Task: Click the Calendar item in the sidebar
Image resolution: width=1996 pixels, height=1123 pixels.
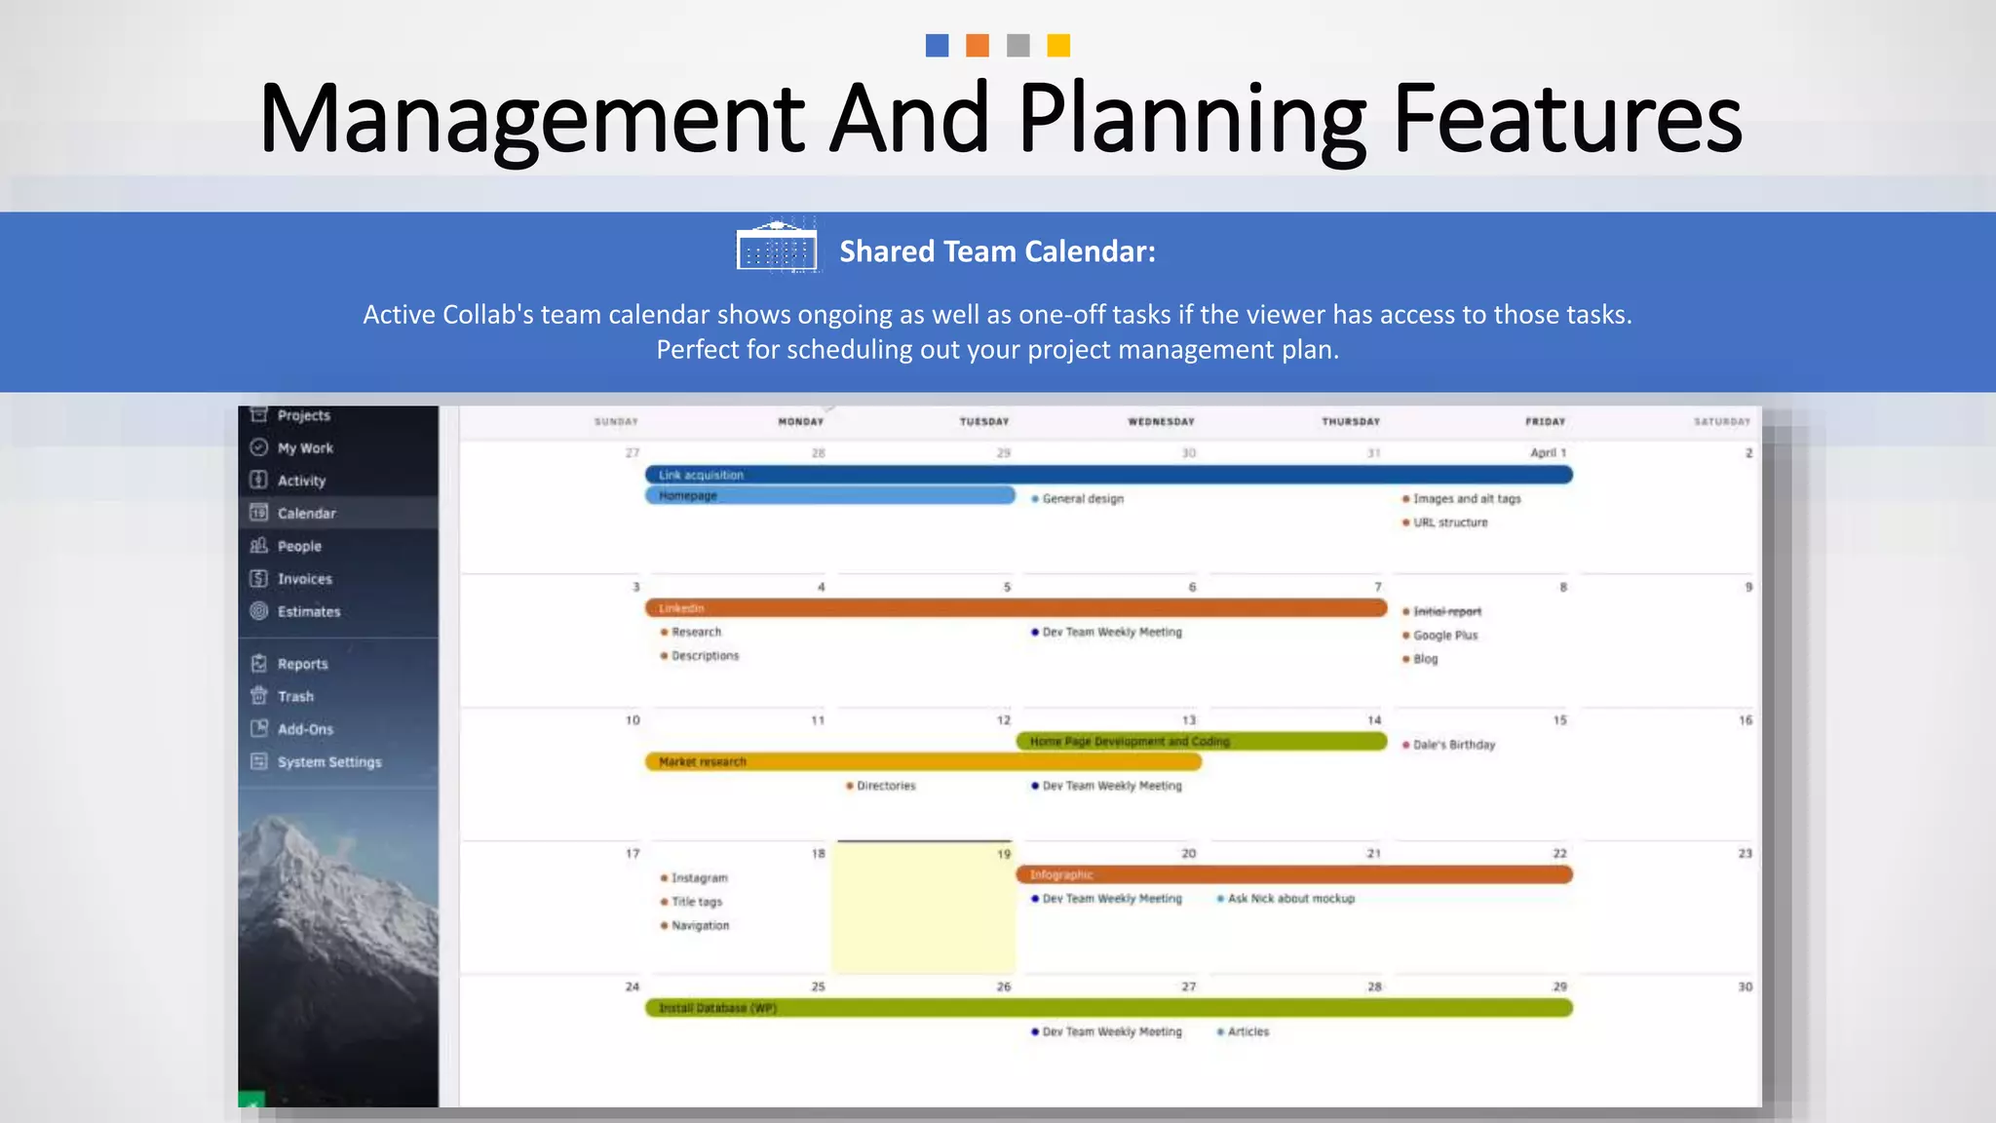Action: click(x=306, y=514)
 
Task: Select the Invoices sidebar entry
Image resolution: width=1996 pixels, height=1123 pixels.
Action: click(x=304, y=579)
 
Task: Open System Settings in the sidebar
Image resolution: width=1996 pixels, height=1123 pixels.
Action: click(x=328, y=762)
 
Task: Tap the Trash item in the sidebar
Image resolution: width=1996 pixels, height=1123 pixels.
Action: click(x=295, y=697)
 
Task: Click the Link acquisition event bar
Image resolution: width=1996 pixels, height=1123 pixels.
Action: click(x=1108, y=475)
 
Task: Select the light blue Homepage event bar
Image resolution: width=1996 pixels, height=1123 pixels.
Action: click(x=829, y=496)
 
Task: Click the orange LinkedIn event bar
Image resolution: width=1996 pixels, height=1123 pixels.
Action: click(x=1016, y=608)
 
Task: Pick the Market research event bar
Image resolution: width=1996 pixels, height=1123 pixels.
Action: click(x=923, y=762)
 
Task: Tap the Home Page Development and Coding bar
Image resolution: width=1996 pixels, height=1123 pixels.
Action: click(x=1201, y=742)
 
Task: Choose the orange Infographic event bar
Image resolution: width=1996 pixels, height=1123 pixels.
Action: click(x=1293, y=875)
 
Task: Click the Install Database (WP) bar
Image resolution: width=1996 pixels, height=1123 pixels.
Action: click(x=1108, y=1008)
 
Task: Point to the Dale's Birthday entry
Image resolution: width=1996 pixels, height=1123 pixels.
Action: click(x=1453, y=745)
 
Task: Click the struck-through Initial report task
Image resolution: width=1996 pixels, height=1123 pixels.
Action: click(x=1446, y=612)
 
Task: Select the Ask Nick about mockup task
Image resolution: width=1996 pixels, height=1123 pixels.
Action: click(x=1290, y=899)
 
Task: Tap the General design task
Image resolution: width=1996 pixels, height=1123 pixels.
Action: click(x=1082, y=499)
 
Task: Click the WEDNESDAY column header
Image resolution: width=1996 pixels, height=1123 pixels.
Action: click(x=1161, y=422)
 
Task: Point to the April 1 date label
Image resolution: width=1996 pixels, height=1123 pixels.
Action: click(x=1548, y=453)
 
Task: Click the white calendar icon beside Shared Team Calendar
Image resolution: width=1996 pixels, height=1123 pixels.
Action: click(x=776, y=248)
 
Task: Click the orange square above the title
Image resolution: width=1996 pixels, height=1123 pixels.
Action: click(x=978, y=46)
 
